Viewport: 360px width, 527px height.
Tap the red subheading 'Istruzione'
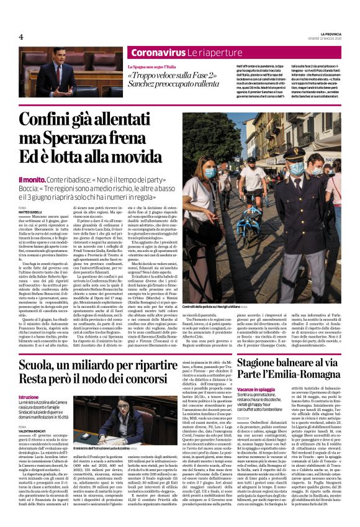[x=28, y=397]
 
